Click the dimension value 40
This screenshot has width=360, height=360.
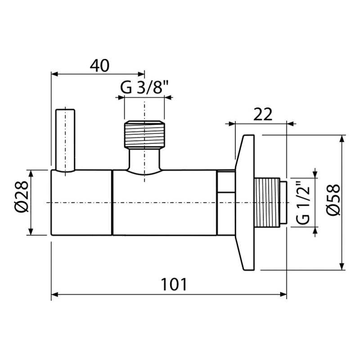coord(100,66)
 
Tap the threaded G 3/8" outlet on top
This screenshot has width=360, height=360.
coord(145,134)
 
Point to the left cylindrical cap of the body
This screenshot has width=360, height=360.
coord(81,202)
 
